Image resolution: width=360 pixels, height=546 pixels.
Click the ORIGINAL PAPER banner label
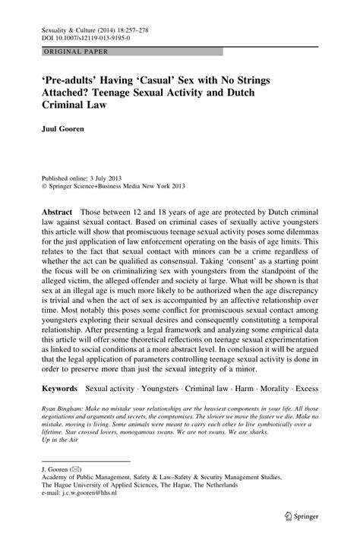click(x=65, y=52)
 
